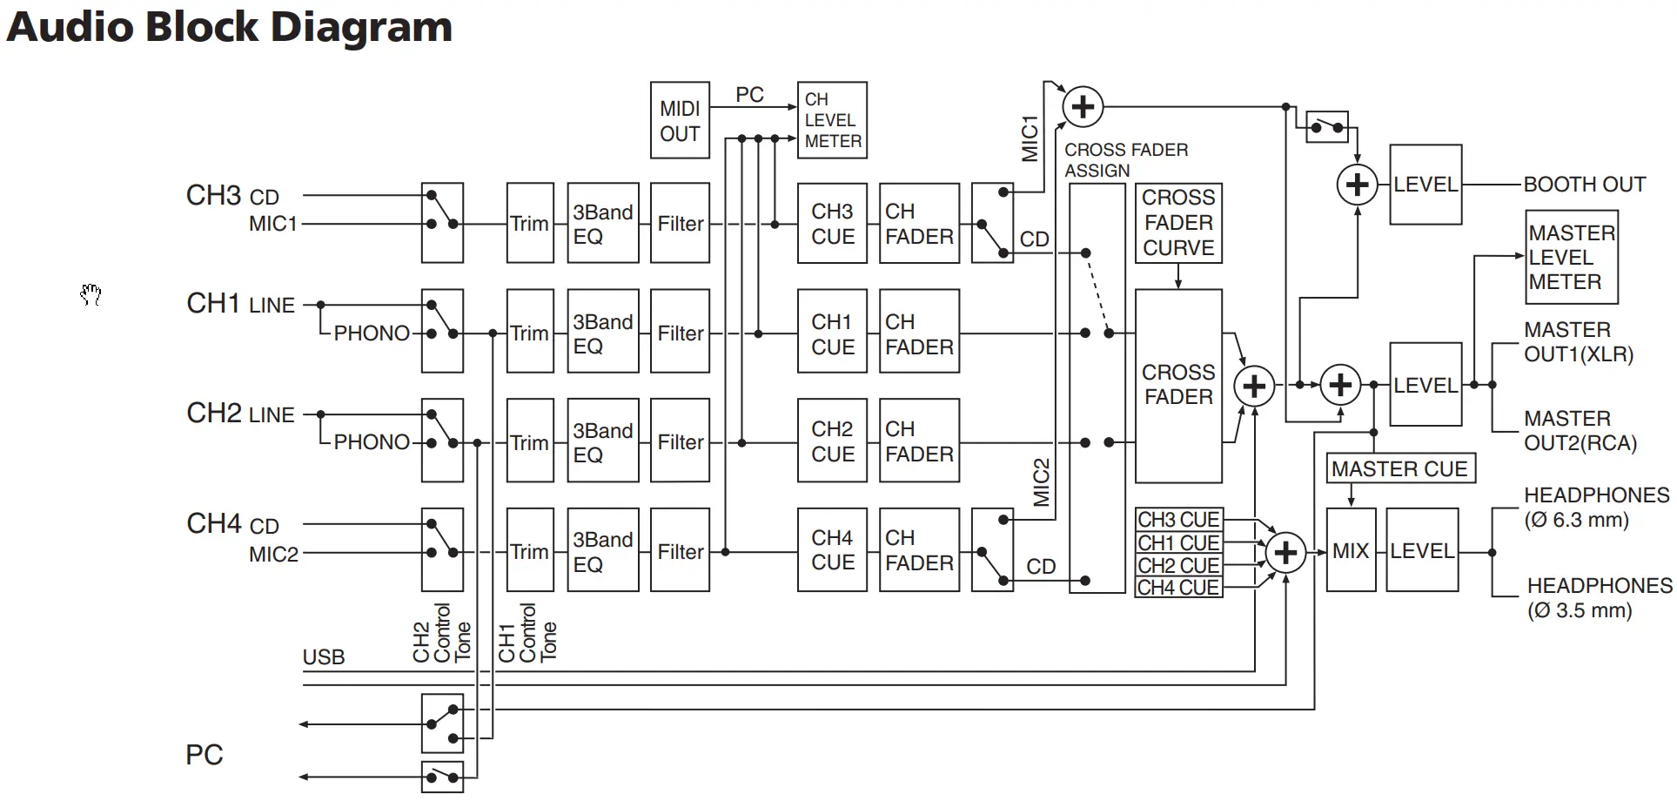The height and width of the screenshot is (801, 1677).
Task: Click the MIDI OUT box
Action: click(x=680, y=121)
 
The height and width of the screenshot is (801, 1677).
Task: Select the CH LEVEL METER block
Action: click(x=832, y=120)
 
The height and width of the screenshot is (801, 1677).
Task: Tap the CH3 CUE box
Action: click(x=832, y=224)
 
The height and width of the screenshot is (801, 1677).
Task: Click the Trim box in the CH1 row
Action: click(x=529, y=333)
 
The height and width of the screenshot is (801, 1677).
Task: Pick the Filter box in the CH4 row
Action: click(x=680, y=551)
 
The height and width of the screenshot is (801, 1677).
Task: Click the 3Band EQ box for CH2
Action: click(x=602, y=442)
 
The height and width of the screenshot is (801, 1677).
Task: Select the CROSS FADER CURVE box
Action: click(x=1178, y=223)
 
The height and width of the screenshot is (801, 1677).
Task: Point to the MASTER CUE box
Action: click(x=1399, y=468)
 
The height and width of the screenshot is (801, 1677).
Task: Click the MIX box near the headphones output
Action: click(x=1350, y=551)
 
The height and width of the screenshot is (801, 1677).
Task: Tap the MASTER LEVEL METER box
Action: click(x=1571, y=257)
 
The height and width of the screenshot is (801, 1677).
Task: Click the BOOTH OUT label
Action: click(x=1584, y=185)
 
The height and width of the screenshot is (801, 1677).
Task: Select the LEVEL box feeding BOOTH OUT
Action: click(x=1425, y=185)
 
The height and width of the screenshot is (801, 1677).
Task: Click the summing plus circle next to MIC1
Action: click(x=1083, y=107)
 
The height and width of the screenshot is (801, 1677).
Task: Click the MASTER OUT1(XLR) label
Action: click(x=1578, y=342)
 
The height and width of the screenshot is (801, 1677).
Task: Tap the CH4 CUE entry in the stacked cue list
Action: click(x=1177, y=588)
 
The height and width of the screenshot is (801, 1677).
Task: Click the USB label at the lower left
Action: click(x=324, y=657)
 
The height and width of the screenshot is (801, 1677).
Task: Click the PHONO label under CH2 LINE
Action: click(x=372, y=442)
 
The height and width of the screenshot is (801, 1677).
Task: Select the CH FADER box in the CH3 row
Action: click(x=919, y=224)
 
